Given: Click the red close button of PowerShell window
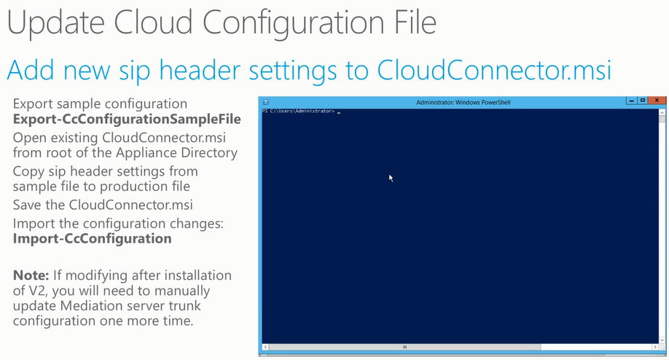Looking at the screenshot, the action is coord(657,101).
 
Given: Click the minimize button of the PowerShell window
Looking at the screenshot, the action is coord(631,101).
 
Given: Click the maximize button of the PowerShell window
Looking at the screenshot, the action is coord(643,101).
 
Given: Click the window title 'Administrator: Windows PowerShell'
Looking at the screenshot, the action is coord(463,102).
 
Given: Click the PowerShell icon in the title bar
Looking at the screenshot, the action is coord(266,102).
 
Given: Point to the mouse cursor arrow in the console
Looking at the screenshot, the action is coord(391,178).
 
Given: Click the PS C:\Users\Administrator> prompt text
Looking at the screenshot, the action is coord(298,111).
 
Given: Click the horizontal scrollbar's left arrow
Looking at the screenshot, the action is coord(265,347).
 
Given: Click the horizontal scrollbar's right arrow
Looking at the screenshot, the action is coord(655,347).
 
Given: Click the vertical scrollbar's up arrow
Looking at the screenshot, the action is coord(662,113).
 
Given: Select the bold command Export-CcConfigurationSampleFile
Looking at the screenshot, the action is coord(127,119).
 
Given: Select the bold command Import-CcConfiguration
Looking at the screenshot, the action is coord(92,238).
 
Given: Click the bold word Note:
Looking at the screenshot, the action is coord(31,275).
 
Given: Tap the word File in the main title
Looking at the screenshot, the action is coord(413,22).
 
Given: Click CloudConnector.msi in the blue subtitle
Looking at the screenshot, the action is coord(494,70).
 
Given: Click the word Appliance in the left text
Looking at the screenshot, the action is coord(144,153).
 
